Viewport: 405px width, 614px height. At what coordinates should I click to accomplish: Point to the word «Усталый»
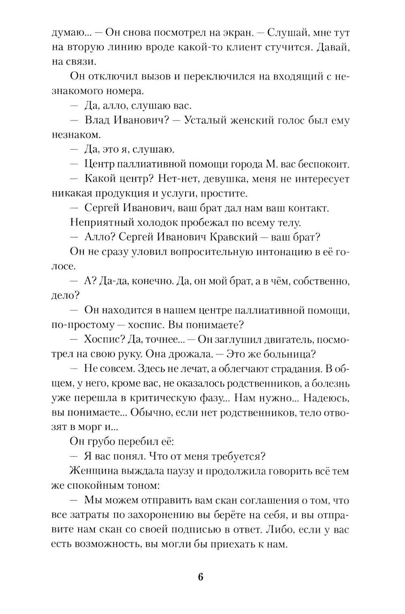point(206,121)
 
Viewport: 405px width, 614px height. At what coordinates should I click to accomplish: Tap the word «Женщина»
point(93,471)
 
